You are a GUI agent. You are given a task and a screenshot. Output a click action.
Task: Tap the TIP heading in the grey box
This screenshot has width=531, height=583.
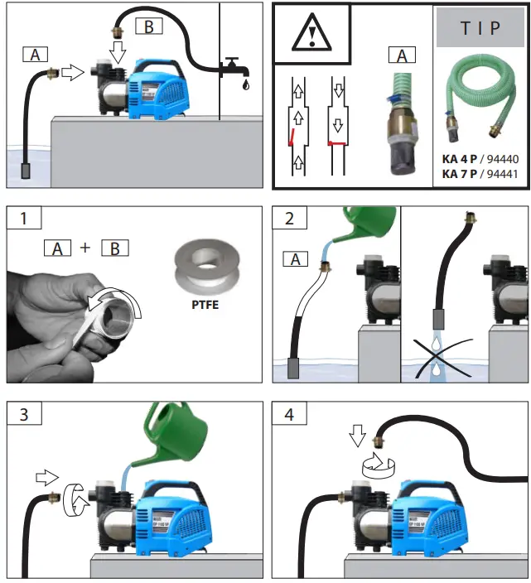(x=480, y=27)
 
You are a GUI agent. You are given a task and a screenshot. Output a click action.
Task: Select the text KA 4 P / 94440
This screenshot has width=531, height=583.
(x=480, y=158)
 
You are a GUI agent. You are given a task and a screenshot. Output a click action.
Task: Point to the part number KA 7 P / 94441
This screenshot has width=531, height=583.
(x=480, y=174)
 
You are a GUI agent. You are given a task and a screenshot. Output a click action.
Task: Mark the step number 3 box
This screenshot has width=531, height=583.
(x=25, y=413)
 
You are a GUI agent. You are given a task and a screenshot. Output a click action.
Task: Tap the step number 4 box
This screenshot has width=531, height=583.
(x=289, y=413)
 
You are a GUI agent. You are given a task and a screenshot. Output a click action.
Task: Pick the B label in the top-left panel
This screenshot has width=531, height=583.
(x=149, y=26)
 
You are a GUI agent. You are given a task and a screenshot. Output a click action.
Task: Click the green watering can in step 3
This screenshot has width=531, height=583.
(x=178, y=439)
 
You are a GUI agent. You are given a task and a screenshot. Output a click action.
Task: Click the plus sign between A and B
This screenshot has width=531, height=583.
(x=85, y=247)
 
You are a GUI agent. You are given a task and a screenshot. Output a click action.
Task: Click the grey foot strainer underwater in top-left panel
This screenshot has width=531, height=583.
(x=28, y=171)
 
